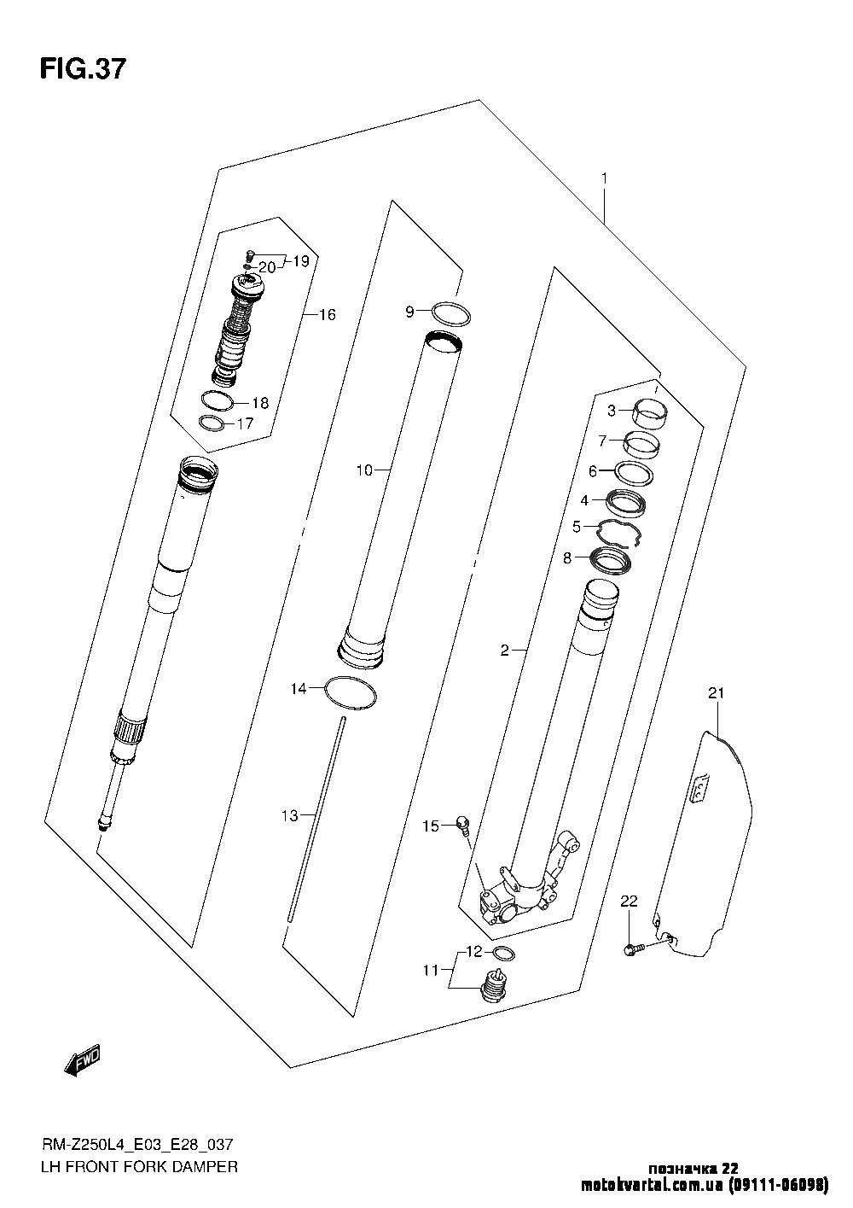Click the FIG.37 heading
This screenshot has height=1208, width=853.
(83, 69)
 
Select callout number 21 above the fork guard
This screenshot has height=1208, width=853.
(717, 693)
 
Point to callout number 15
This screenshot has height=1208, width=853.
(431, 826)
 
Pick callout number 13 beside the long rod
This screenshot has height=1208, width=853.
(290, 816)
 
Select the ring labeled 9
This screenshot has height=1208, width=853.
(451, 314)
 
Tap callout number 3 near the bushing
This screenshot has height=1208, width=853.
(611, 411)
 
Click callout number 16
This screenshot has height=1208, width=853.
(327, 314)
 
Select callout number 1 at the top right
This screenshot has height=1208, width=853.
(605, 178)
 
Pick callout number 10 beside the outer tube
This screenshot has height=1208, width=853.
(364, 470)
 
